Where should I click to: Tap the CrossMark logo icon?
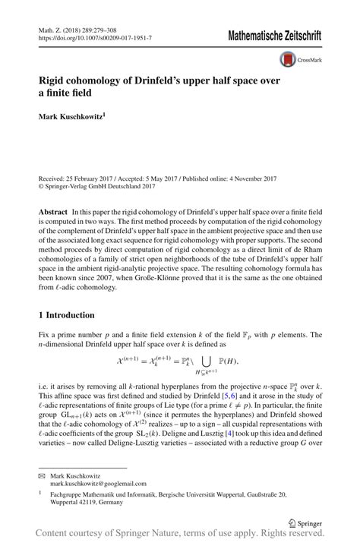point(289,58)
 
